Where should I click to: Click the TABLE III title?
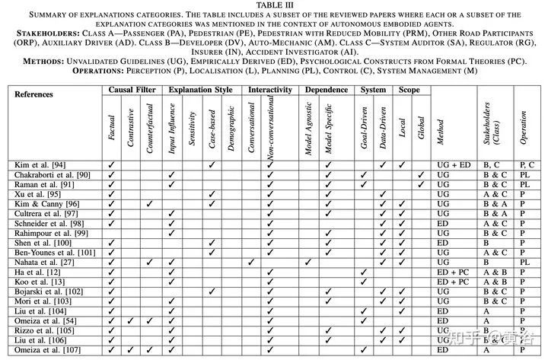pyautogui.click(x=274, y=5)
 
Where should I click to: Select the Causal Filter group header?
pyautogui.click(x=133, y=90)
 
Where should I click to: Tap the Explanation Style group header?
pyautogui.click(x=202, y=90)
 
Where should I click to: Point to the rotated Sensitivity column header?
pyautogui.click(x=192, y=129)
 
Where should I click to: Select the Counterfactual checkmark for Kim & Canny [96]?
pyautogui.click(x=151, y=203)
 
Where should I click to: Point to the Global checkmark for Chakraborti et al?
pyautogui.click(x=421, y=174)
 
